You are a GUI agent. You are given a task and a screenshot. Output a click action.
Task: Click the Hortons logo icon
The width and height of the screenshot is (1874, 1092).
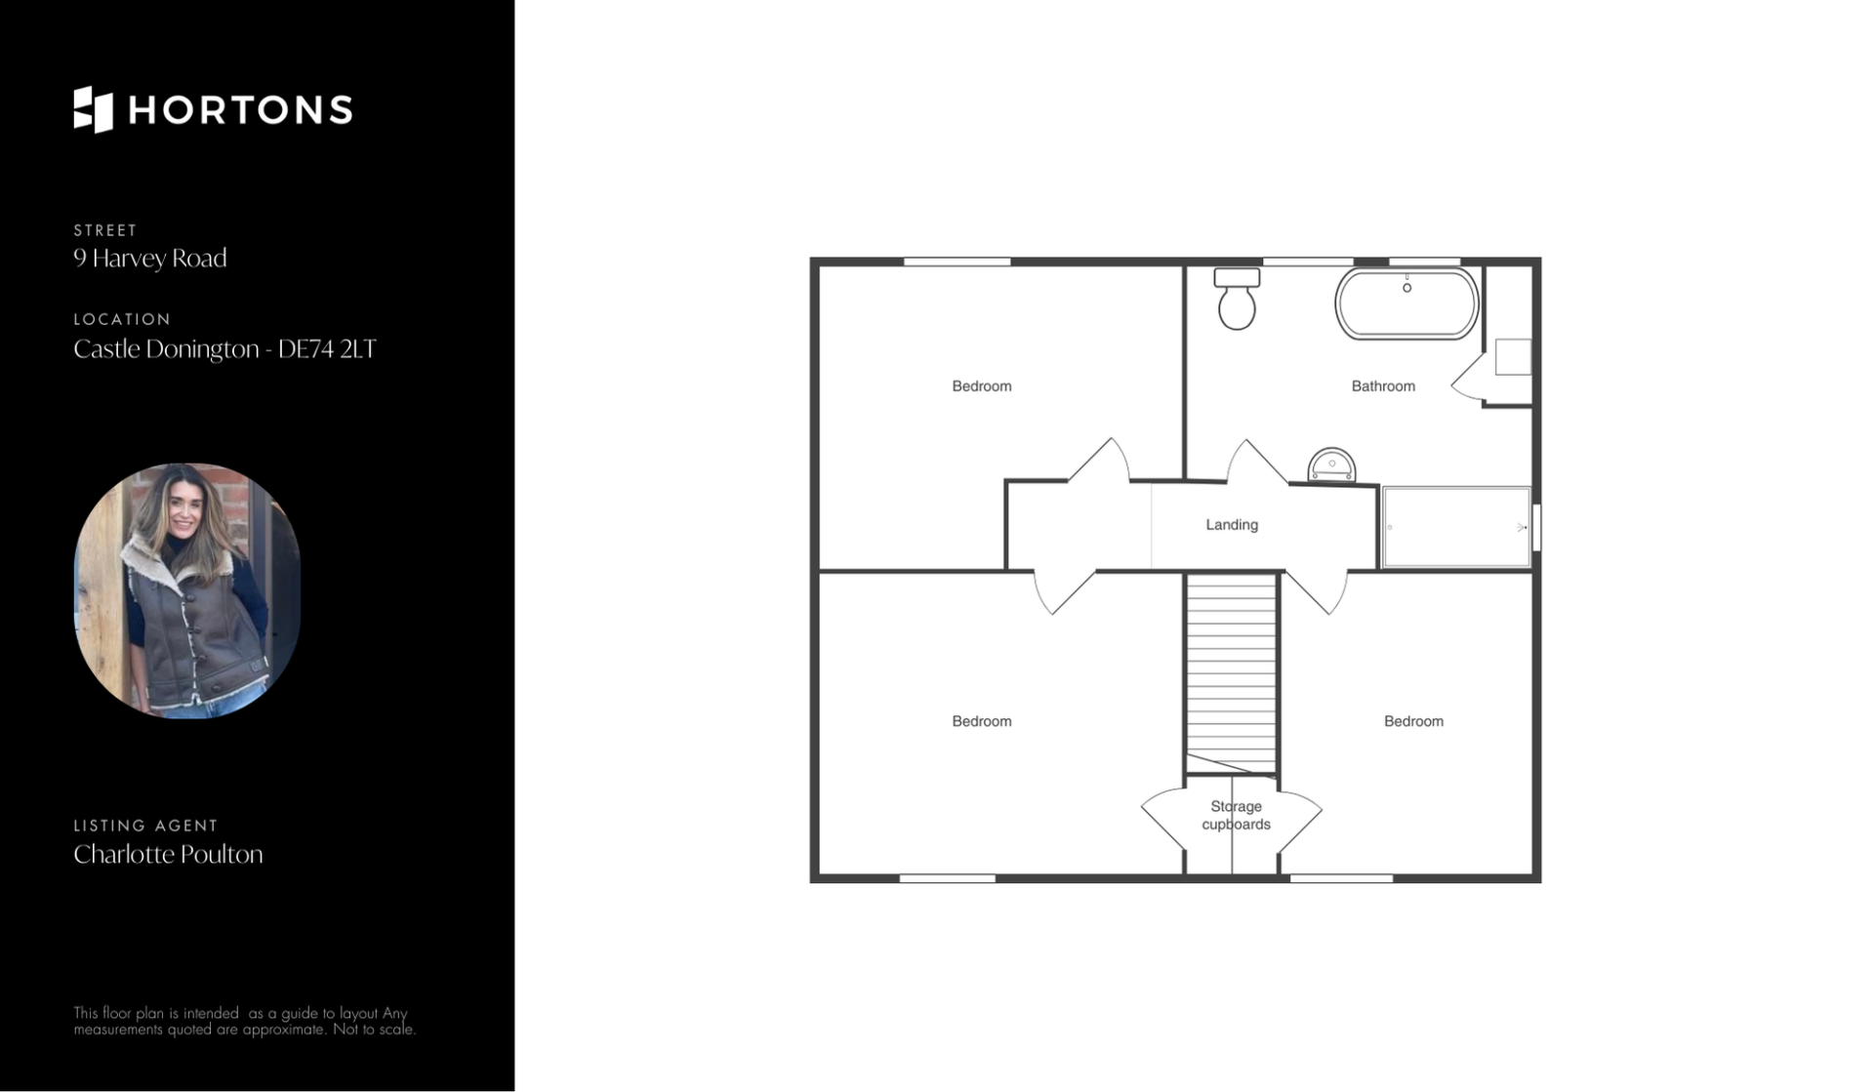94,109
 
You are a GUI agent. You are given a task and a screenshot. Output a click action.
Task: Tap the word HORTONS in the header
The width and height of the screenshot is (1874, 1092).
240,110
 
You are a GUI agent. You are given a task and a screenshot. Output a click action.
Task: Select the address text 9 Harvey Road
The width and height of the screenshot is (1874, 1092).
150,258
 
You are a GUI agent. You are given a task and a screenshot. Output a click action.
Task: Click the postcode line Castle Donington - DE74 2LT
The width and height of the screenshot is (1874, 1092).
224,348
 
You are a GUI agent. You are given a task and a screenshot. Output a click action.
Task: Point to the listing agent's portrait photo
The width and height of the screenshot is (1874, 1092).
187,590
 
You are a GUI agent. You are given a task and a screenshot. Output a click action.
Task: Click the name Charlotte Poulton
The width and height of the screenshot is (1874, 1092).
168,854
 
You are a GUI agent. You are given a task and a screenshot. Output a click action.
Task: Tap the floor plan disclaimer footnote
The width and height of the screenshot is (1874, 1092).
244,1021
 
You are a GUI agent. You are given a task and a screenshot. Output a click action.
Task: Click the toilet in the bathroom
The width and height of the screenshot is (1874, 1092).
1237,299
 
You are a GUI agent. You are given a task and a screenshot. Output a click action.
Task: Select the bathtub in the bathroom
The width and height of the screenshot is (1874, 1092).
1406,303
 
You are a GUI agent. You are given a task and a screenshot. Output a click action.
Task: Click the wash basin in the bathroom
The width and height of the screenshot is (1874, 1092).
1331,465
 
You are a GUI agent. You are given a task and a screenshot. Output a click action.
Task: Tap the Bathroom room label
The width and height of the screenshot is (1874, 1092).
1383,386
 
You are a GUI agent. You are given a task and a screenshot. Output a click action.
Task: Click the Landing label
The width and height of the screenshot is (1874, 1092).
1232,525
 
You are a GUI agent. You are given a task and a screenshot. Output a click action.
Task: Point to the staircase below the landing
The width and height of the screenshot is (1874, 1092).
1232,673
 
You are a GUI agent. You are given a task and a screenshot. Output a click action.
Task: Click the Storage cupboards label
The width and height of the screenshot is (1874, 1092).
1236,815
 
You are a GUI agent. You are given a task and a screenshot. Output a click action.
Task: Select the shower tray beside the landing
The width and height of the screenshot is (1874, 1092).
1456,527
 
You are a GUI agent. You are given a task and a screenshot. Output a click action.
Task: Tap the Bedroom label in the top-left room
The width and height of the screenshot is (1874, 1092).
982,386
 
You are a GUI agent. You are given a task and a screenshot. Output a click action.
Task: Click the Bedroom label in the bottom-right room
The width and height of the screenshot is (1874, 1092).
1413,721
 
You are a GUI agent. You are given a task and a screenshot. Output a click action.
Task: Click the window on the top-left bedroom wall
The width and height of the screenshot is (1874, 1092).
957,262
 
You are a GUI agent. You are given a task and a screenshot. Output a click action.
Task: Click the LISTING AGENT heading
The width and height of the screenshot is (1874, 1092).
145,826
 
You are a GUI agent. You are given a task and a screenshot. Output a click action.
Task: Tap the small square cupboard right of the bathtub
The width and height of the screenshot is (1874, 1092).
1513,357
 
